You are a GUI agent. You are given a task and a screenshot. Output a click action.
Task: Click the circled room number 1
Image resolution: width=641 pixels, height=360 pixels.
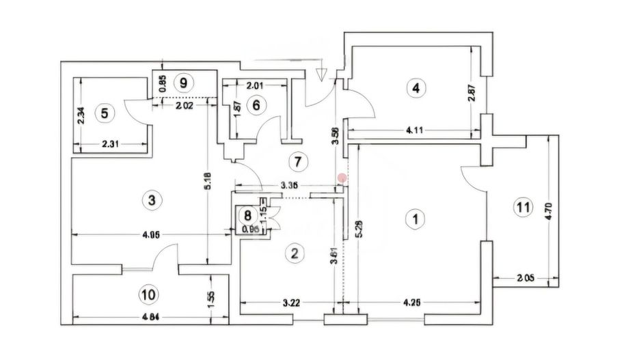tap(414, 219)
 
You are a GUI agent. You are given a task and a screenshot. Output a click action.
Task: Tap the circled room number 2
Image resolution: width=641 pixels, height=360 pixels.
tap(294, 253)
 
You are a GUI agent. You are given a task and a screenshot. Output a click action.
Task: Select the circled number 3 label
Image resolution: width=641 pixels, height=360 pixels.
tap(151, 200)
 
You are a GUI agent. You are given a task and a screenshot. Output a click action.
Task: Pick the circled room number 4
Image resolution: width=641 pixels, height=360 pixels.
tap(415, 87)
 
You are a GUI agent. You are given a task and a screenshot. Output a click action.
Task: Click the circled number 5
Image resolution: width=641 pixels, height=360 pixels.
tap(105, 113)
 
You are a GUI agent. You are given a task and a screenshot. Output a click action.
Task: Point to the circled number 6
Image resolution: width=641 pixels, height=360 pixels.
tap(256, 105)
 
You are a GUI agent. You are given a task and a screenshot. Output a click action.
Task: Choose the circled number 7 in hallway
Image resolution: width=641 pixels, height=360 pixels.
tap(295, 162)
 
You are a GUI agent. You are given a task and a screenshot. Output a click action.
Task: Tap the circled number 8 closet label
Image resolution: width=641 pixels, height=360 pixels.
tap(247, 216)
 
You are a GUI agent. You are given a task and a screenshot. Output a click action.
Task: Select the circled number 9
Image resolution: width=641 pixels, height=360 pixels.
tap(182, 83)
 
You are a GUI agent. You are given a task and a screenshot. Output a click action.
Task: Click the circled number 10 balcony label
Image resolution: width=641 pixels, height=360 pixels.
tap(147, 294)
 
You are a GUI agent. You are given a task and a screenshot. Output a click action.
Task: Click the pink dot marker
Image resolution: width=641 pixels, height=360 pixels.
tap(342, 178)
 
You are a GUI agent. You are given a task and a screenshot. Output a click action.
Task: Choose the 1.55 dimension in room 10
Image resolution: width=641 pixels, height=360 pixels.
tap(212, 299)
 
